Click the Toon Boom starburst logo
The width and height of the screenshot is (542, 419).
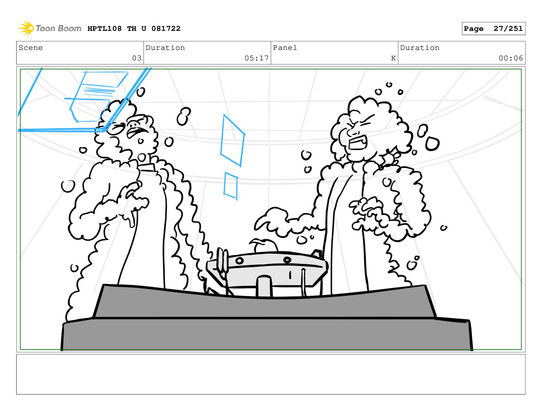click(x=26, y=28)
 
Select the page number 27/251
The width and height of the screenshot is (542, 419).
click(x=508, y=29)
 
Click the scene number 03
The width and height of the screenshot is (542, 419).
click(x=137, y=58)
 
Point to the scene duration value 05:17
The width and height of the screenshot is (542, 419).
click(x=257, y=58)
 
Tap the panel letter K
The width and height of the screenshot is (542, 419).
click(x=393, y=58)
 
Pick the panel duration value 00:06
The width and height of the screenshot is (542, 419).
click(x=510, y=58)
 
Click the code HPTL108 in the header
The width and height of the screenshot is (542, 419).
click(x=105, y=29)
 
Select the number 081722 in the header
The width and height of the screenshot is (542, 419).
click(x=166, y=29)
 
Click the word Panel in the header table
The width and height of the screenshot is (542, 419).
click(x=285, y=48)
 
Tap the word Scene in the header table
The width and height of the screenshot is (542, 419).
click(x=31, y=48)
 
